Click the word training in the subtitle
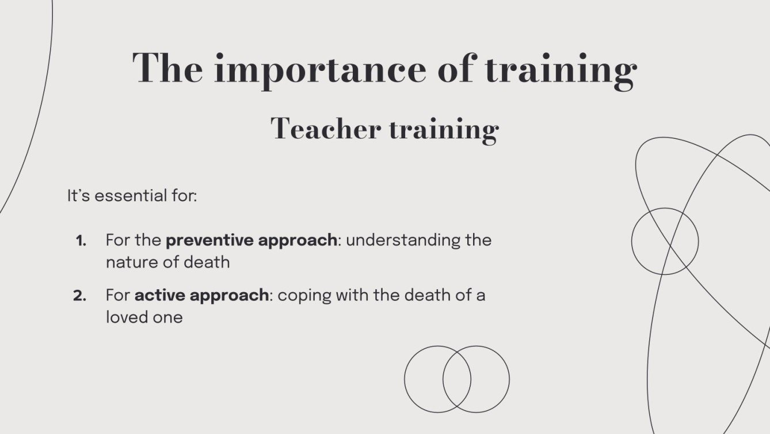point(443,129)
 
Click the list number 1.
point(81,240)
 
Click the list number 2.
point(80,296)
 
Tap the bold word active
point(159,296)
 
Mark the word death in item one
point(207,262)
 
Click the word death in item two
point(426,296)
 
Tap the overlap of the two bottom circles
point(457,379)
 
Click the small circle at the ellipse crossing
point(665,241)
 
